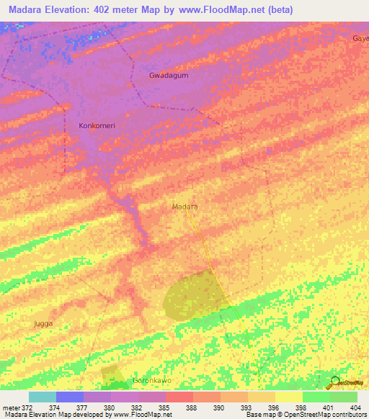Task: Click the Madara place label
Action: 185,207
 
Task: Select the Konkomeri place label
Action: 97,125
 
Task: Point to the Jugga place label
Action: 43,324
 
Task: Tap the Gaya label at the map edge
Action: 360,37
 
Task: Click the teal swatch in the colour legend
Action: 43,397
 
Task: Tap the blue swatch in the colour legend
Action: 70,397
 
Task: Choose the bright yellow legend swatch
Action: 288,397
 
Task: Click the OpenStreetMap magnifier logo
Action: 334,381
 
